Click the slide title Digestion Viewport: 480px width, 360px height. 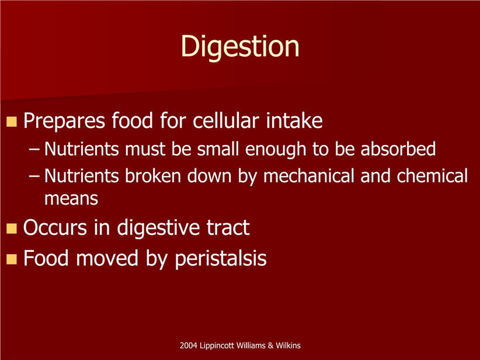click(x=240, y=47)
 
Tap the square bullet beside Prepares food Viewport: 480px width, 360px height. click(x=12, y=122)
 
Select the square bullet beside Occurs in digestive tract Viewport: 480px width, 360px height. click(x=12, y=229)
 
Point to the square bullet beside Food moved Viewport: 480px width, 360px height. click(x=12, y=259)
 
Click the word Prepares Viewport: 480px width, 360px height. click(x=64, y=122)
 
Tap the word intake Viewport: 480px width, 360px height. click(x=294, y=120)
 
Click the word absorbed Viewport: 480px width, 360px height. click(x=398, y=149)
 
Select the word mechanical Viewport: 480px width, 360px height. click(x=308, y=176)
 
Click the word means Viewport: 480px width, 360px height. click(x=71, y=199)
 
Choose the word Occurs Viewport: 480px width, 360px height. click(x=55, y=228)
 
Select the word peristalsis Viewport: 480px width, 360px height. click(x=220, y=259)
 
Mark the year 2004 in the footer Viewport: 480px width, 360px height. click(x=189, y=345)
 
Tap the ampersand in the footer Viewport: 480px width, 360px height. click(x=270, y=345)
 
